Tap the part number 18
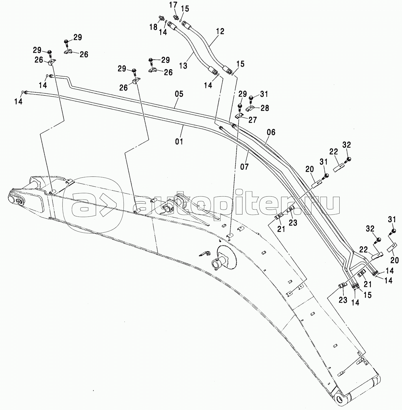153,27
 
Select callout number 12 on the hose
220,31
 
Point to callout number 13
183,65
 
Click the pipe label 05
179,94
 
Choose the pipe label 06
271,133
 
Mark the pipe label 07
244,166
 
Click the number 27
253,120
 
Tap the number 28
264,108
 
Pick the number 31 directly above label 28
264,94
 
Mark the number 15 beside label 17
185,9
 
